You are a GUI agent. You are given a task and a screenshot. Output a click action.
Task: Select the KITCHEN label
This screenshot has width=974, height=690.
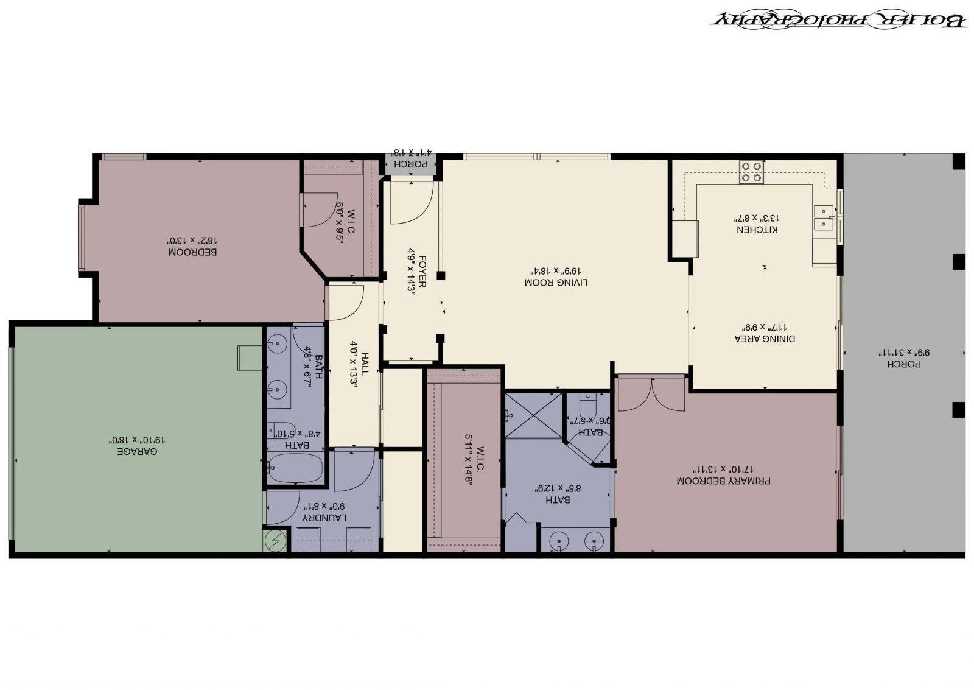(757, 230)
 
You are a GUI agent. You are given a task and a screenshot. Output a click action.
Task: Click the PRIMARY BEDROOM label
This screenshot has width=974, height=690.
(723, 481)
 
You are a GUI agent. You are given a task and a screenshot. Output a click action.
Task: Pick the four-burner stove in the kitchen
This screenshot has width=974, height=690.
(752, 172)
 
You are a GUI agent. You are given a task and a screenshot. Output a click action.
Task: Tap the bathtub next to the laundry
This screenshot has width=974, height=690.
(294, 469)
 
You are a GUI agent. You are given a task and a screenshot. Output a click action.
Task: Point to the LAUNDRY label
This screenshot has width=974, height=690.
(325, 518)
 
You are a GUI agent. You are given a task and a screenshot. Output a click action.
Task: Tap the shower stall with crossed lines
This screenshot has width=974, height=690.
(534, 415)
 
